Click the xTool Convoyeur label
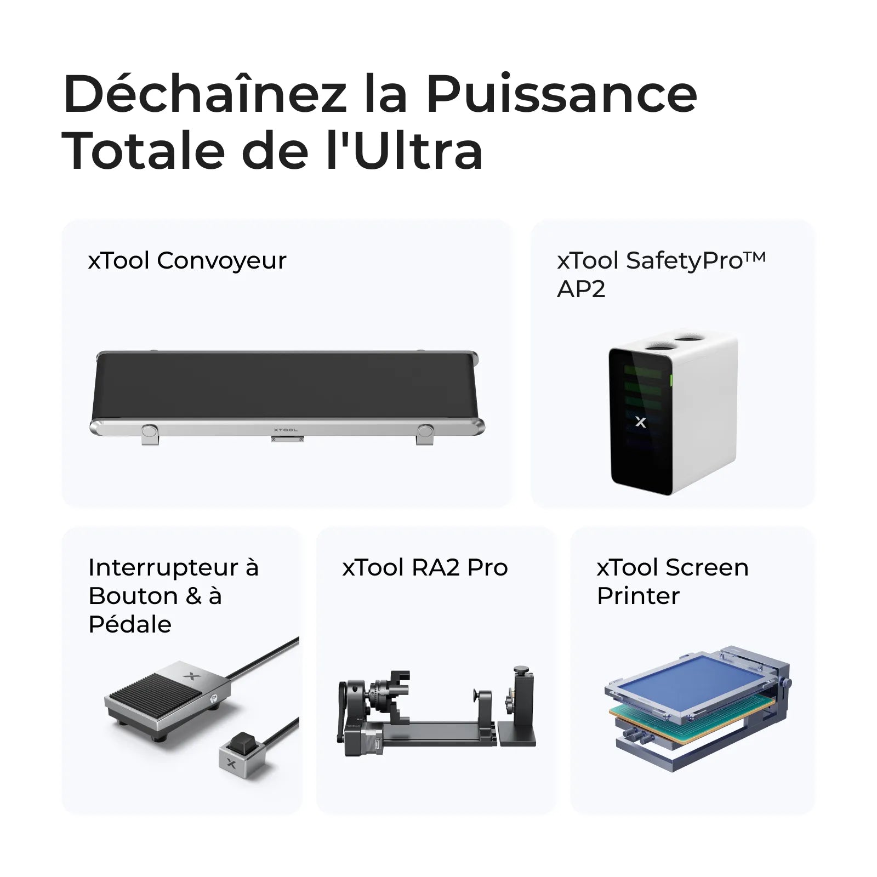click(x=187, y=260)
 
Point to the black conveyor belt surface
click(x=285, y=386)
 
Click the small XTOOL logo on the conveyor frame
click(x=286, y=430)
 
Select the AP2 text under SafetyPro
click(x=581, y=289)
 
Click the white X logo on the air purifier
click(x=640, y=422)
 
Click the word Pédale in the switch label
click(x=130, y=624)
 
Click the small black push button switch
click(x=240, y=743)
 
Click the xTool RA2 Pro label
click(x=425, y=567)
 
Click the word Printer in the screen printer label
click(x=638, y=596)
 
